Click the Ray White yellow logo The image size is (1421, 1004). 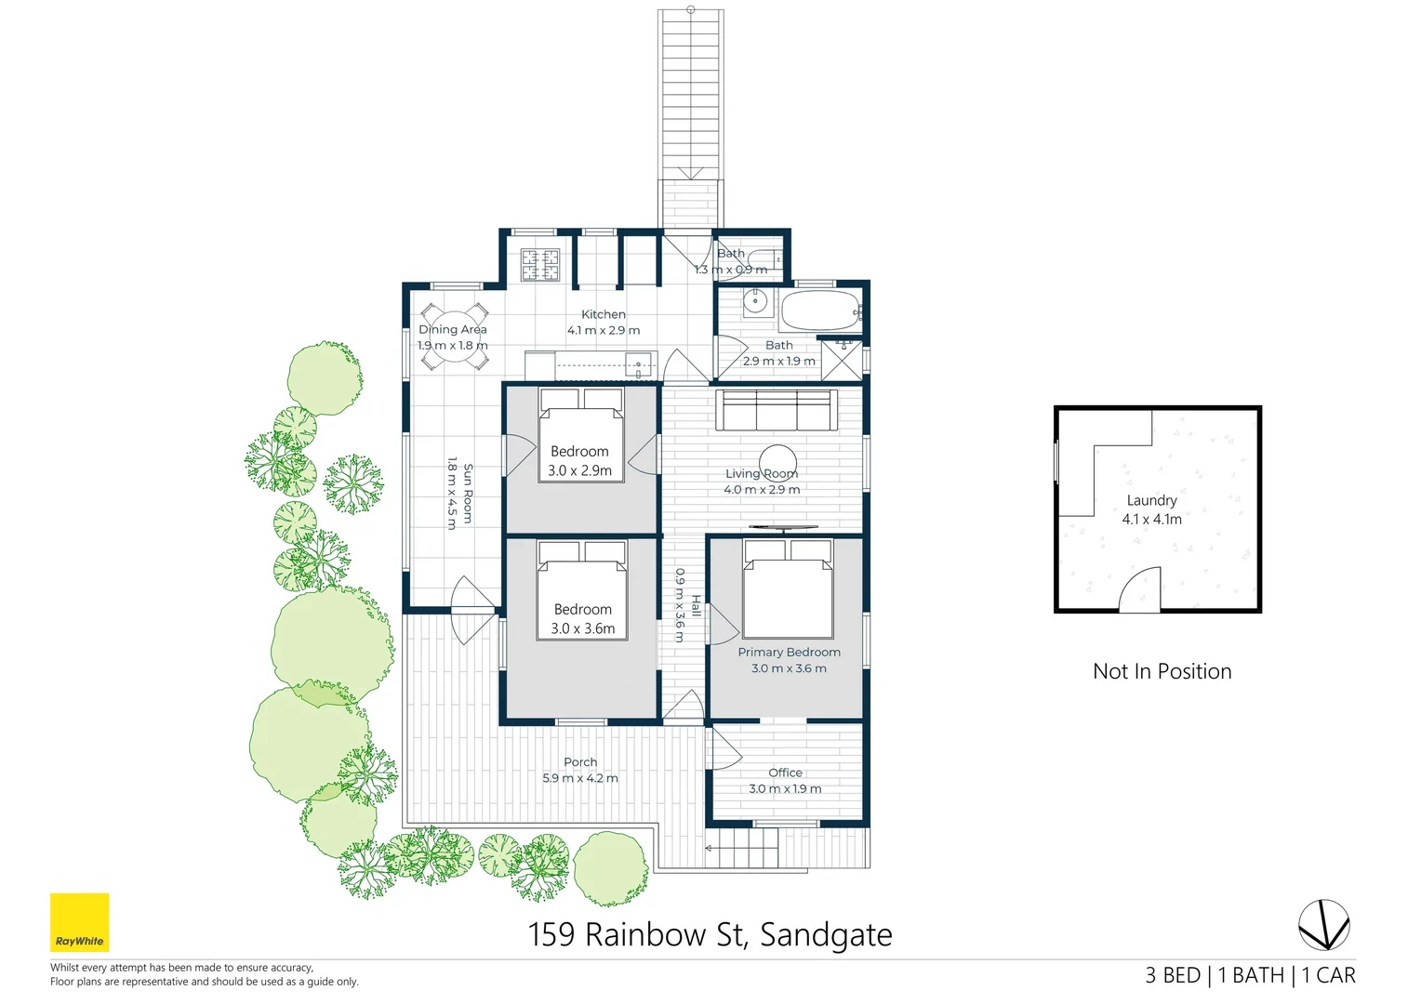tap(79, 922)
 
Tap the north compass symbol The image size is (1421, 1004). tap(1323, 925)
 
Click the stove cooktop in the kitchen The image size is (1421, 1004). tap(539, 264)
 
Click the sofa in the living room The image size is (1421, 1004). tap(777, 410)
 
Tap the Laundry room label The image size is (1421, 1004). tap(1151, 500)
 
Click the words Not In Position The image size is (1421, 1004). tap(1162, 671)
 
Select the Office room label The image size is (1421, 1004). tap(785, 773)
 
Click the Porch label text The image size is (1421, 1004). tap(580, 762)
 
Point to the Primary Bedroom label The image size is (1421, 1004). tap(789, 653)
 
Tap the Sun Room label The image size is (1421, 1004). tap(468, 494)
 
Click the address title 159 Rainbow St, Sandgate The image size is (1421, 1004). tap(710, 934)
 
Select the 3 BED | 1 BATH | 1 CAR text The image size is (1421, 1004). tap(1250, 975)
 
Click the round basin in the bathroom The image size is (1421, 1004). tap(756, 300)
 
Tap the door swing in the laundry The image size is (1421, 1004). tap(1140, 590)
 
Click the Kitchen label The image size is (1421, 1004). tap(604, 314)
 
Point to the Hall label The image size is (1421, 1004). tap(696, 605)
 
